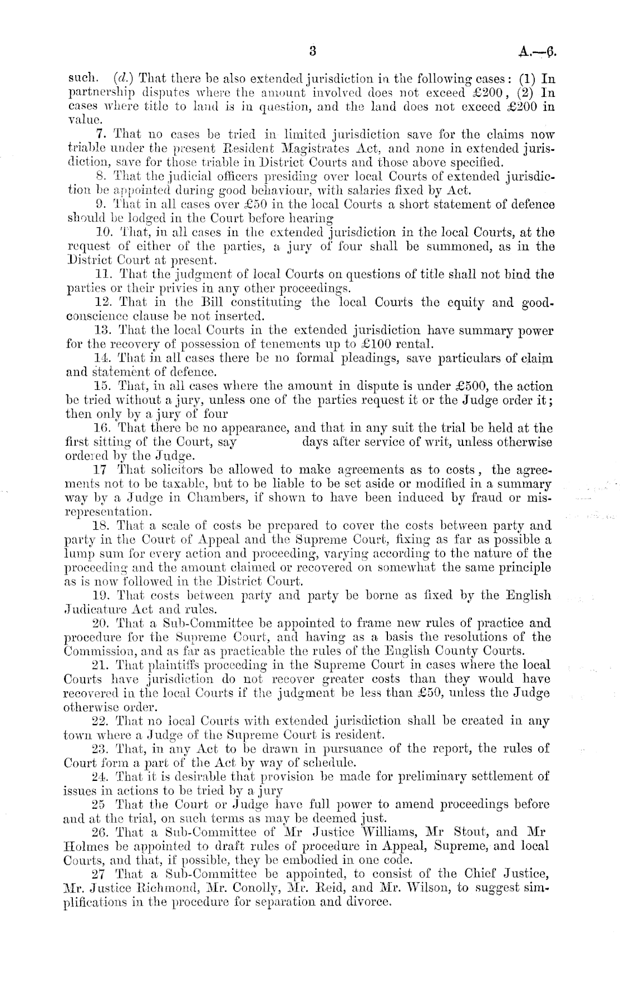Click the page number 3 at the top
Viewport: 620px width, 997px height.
313,51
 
